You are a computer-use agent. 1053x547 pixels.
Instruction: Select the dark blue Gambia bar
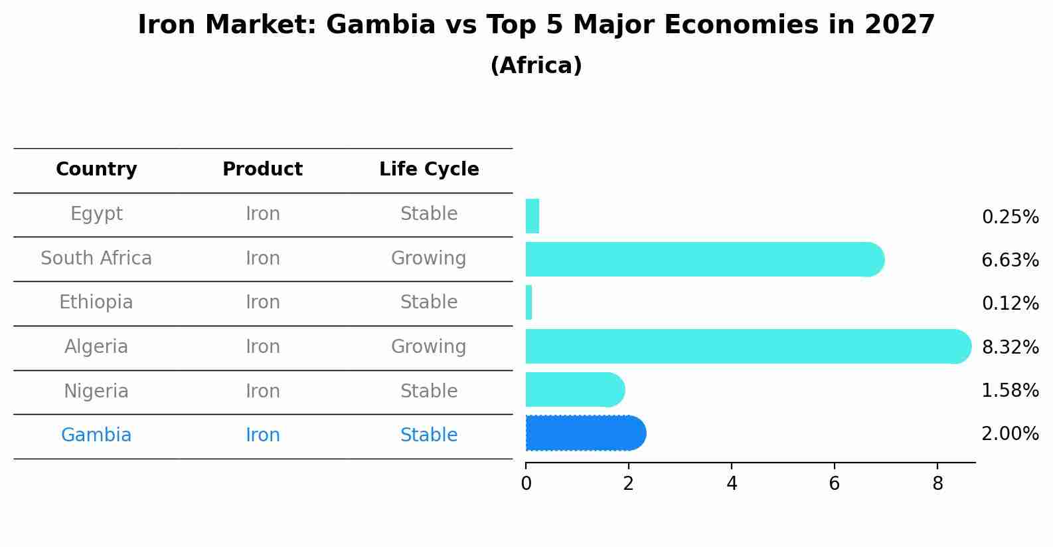point(584,433)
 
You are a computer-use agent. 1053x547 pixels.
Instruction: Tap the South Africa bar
point(704,259)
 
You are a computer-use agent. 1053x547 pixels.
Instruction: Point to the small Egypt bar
point(532,216)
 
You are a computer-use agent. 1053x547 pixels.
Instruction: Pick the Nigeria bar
point(574,389)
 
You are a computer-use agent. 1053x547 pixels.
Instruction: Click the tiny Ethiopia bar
point(529,302)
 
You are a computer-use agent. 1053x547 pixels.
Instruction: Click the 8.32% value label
point(1010,347)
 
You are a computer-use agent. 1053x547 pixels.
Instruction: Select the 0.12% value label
point(1010,304)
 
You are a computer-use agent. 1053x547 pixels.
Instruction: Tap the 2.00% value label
point(1010,434)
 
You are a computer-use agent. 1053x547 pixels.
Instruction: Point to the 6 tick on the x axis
point(835,483)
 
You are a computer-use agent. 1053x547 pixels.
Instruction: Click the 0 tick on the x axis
point(526,483)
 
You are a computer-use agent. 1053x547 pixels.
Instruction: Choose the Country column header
point(96,169)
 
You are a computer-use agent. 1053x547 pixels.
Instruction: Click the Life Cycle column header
point(429,169)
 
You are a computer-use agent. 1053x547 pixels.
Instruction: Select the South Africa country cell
point(96,258)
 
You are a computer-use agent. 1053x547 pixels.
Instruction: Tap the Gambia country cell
point(96,435)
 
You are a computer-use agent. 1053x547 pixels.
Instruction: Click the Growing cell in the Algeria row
point(428,347)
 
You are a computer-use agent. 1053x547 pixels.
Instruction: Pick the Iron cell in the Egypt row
point(263,214)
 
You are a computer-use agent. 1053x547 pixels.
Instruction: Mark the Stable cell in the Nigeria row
point(429,391)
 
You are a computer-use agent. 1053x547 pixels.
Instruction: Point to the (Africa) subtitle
point(536,66)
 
